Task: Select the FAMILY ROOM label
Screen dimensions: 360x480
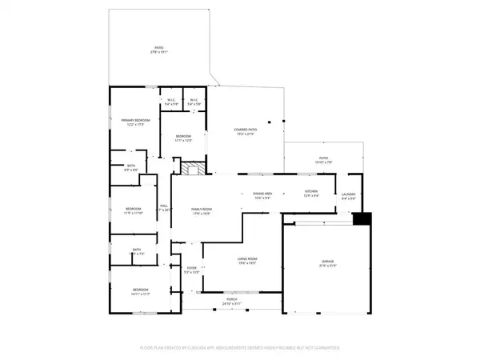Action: (x=200, y=210)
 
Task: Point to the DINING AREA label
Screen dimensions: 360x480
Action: (x=263, y=194)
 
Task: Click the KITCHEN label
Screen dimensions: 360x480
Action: (x=311, y=192)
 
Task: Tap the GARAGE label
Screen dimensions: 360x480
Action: (x=328, y=262)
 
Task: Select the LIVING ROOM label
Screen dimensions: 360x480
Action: (x=246, y=259)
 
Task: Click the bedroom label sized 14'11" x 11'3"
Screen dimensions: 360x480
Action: (x=140, y=290)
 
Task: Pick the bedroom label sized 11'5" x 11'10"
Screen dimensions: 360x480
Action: (x=133, y=210)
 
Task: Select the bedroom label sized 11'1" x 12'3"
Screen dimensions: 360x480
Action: (x=183, y=137)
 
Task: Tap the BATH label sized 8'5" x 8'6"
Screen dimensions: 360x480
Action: (x=131, y=166)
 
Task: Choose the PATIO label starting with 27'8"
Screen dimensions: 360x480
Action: (x=158, y=50)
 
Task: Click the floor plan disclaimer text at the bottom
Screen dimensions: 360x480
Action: (x=240, y=348)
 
